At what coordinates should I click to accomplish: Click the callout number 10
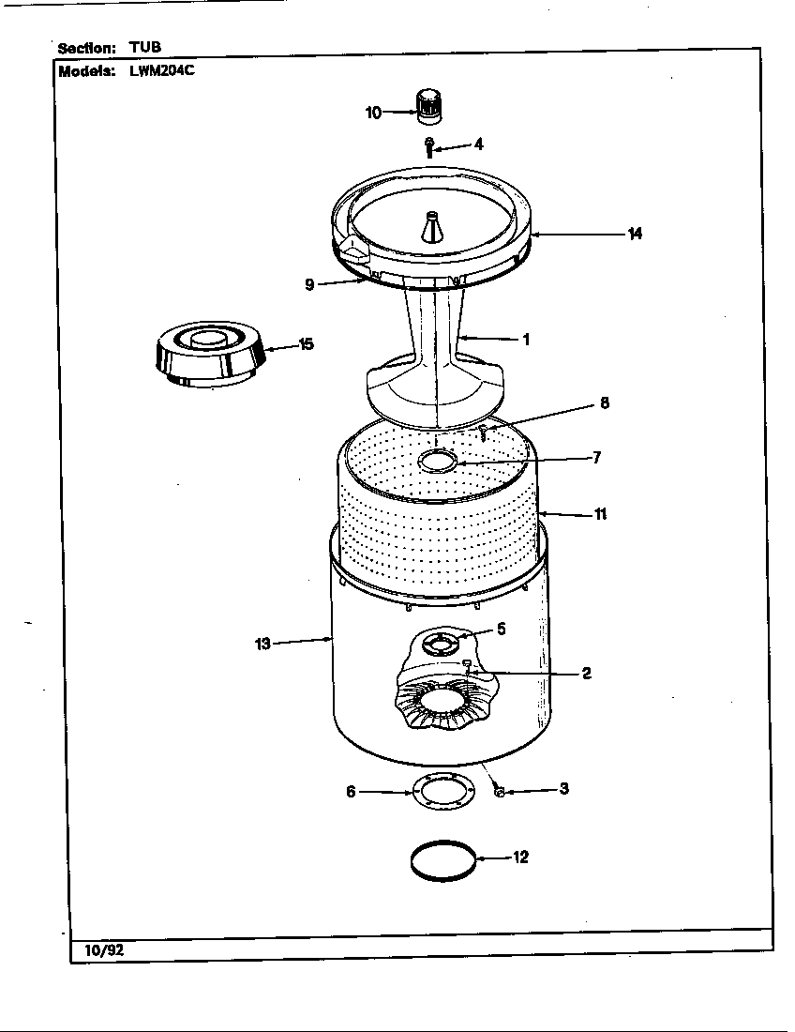(373, 113)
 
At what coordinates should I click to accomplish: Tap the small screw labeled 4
(429, 145)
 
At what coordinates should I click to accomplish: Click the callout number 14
(635, 234)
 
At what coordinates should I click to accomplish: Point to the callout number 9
(308, 284)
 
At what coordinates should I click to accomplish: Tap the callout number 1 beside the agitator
(526, 340)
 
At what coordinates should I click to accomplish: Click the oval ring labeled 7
(437, 461)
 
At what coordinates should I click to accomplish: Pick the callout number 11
(600, 514)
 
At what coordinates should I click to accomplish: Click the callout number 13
(262, 644)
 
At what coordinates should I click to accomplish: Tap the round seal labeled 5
(438, 642)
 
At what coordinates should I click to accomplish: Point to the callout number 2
(586, 673)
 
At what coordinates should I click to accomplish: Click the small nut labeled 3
(499, 793)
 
